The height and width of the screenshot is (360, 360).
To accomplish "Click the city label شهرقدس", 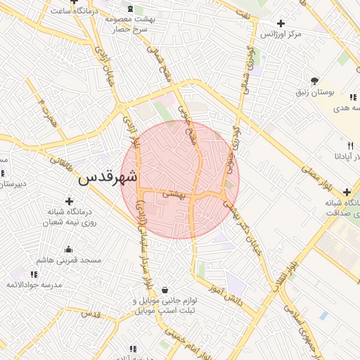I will [108, 177].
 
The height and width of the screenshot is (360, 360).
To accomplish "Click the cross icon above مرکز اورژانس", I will [281, 23].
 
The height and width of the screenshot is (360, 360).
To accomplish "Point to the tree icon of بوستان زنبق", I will [314, 82].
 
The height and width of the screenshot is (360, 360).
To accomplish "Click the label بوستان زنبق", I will [314, 93].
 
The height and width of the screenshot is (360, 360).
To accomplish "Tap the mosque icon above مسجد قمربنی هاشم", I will [68, 249].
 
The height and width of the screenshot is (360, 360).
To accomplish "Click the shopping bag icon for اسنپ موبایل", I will [165, 290].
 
